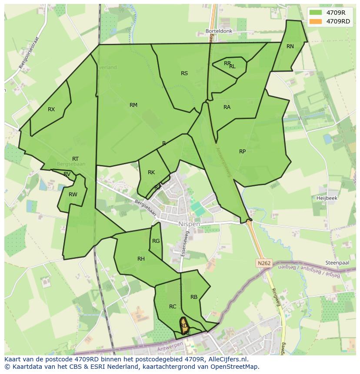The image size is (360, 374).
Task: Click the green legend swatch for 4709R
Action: (315, 13)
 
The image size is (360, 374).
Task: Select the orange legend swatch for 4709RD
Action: (315, 21)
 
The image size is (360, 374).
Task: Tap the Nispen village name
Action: (189, 224)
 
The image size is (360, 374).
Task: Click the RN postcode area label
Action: (290, 46)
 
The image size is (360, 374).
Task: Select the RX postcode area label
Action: (51, 109)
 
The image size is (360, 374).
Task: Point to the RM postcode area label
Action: (133, 105)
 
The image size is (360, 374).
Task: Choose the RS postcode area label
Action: (184, 73)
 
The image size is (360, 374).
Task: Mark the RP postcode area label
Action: (242, 152)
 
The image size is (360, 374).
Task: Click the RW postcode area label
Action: (73, 195)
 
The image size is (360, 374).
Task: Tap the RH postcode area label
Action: (141, 259)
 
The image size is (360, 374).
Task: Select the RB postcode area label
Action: (194, 297)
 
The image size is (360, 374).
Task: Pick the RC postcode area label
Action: (173, 307)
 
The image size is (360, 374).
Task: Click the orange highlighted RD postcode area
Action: (184, 325)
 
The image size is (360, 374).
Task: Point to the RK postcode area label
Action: (151, 172)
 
